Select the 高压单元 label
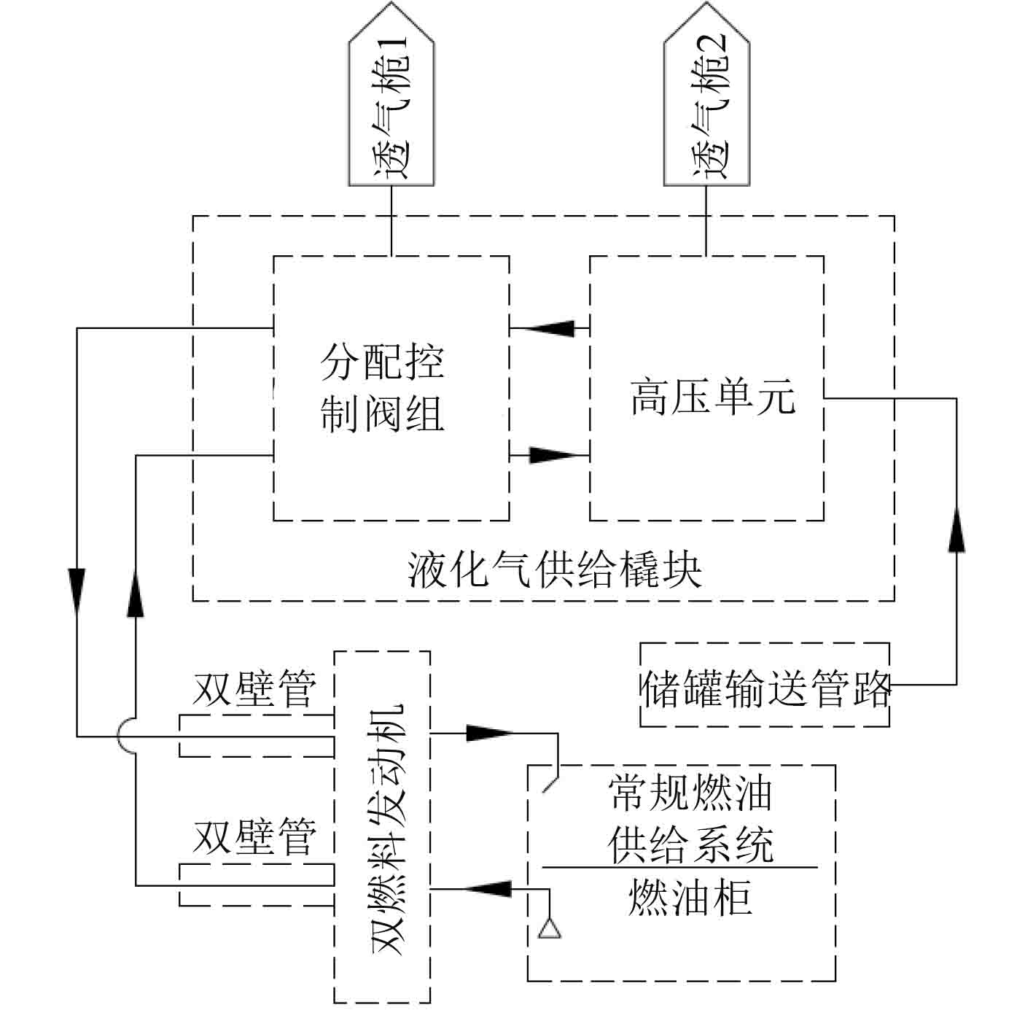point(712,398)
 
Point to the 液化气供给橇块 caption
point(555,570)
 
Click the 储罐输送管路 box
point(765,685)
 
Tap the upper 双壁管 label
point(254,689)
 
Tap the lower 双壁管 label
point(254,837)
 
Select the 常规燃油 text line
point(690,794)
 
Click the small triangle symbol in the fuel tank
point(549,928)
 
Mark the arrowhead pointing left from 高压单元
point(547,328)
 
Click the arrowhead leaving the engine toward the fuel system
point(487,732)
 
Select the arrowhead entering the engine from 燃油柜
point(487,888)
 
